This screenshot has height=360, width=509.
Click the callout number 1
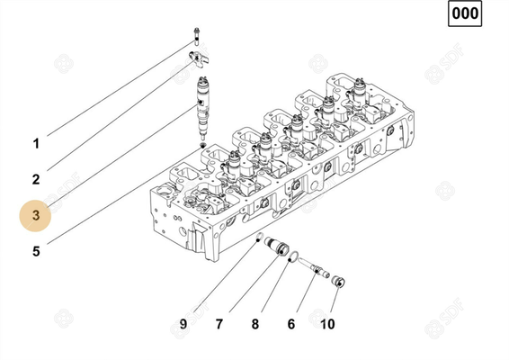[x=36, y=143]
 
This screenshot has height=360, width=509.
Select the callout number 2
[x=36, y=179]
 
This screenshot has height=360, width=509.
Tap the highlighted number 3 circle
[x=37, y=216]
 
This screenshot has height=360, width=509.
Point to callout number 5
[x=36, y=252]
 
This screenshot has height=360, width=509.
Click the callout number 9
[x=183, y=323]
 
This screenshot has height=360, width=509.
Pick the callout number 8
[x=255, y=323]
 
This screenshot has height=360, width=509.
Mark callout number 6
[x=291, y=323]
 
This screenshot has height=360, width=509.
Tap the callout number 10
[x=327, y=323]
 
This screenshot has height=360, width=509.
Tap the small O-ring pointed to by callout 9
[x=259, y=238]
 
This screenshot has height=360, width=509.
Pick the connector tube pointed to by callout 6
[x=316, y=268]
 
